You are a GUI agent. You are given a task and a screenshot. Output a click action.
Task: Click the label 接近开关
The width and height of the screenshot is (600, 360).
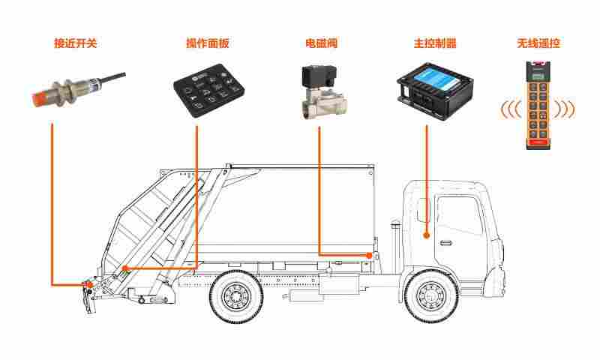(76, 43)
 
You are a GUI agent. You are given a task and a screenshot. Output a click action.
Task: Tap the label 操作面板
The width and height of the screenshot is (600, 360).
(208, 43)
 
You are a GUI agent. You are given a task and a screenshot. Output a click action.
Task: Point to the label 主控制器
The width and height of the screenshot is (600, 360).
(435, 43)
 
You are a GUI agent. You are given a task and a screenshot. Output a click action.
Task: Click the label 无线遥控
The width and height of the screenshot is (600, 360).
(538, 43)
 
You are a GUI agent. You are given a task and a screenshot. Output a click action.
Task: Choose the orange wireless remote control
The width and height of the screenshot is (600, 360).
(537, 105)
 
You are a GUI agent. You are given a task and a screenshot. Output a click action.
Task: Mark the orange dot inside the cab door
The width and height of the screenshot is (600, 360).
(427, 235)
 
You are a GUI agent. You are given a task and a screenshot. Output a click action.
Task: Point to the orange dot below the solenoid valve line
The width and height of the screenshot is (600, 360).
(369, 256)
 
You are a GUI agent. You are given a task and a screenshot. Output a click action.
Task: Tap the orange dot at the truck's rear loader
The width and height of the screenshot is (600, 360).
(90, 285)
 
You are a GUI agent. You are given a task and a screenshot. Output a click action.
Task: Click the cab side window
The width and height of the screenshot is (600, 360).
(460, 215)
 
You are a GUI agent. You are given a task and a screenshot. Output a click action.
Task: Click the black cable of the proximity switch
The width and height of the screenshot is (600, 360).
(112, 76)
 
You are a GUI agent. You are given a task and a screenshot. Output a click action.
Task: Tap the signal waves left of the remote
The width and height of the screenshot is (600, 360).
(510, 109)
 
